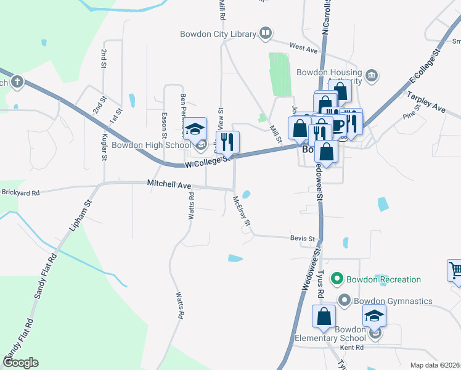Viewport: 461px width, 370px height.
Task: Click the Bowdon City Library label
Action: click(218, 34)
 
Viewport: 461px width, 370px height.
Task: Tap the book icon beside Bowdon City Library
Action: click(266, 33)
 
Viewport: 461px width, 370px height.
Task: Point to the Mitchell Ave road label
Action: click(169, 184)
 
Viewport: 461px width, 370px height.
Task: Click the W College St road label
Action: click(208, 162)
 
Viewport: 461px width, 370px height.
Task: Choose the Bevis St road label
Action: click(303, 238)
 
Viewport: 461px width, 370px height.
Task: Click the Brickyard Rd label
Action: click(20, 193)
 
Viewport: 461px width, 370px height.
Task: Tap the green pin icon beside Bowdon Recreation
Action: click(337, 279)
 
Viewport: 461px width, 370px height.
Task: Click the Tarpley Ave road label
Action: click(425, 102)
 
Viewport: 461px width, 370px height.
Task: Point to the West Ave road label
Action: click(302, 47)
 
